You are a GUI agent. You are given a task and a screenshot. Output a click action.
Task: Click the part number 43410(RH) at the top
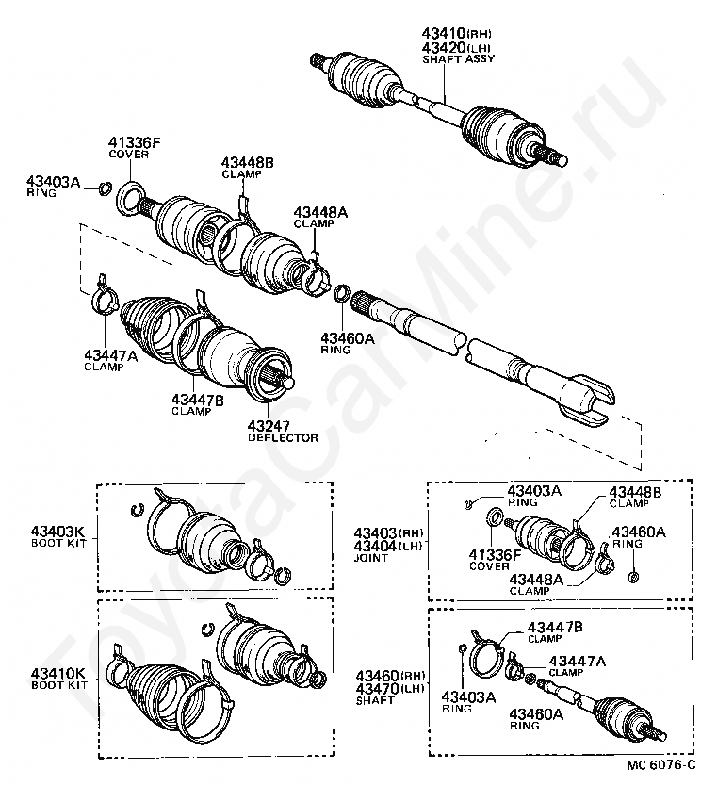coord(453,35)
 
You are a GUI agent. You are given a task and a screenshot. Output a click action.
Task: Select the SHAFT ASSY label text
coord(458,58)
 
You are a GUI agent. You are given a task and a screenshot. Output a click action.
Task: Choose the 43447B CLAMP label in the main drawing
coord(197,404)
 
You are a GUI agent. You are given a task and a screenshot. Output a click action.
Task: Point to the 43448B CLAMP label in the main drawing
coord(248,167)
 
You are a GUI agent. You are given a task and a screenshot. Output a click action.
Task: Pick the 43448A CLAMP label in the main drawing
coord(319,218)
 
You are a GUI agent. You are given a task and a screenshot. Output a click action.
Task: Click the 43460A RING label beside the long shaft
coord(347,342)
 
